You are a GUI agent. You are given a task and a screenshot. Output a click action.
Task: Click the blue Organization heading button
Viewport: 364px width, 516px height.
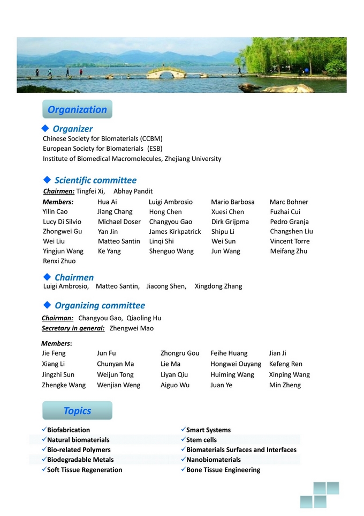pos(77,109)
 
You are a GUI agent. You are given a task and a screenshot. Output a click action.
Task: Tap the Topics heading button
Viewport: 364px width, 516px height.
pos(77,411)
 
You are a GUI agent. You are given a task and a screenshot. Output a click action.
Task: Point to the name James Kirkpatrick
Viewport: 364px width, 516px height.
pos(175,232)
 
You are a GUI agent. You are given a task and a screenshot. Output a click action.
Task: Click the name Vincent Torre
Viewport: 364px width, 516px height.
pos(290,241)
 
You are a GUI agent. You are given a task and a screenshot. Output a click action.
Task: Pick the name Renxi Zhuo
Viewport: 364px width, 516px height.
pos(59,261)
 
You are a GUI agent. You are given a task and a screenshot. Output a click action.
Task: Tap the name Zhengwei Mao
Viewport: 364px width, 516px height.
pos(131,328)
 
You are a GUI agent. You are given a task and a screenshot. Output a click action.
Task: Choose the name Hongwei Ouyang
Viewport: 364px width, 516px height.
pos(236,364)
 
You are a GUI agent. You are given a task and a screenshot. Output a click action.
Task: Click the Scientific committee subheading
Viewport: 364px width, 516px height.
pos(95,180)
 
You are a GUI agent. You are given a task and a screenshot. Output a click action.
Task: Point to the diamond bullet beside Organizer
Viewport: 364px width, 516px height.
pos(45,128)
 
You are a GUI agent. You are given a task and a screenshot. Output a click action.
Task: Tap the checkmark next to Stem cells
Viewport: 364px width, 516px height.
pos(183,440)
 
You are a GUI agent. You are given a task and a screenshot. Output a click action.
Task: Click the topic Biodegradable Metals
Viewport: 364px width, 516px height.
pos(80,460)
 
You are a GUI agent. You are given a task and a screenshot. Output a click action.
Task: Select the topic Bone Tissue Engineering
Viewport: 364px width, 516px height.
pos(223,470)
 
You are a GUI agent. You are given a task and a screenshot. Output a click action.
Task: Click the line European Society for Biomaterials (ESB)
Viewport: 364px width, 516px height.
pos(103,149)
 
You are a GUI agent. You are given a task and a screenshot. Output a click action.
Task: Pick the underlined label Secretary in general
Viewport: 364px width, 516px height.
pos(73,328)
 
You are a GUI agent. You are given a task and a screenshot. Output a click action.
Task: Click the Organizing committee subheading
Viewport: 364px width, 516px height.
pos(100,305)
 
